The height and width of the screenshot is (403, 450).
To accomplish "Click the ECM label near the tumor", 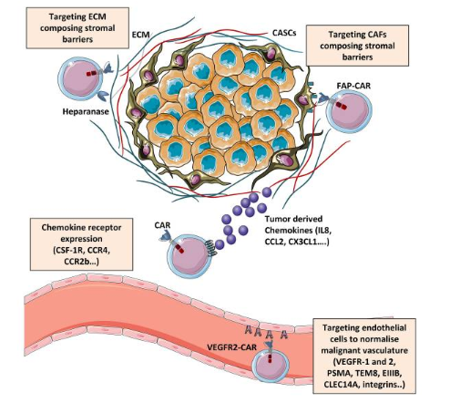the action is pos(140,35).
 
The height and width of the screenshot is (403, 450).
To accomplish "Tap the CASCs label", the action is pos(284,33).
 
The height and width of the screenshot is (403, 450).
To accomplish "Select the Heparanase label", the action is pos(86,111).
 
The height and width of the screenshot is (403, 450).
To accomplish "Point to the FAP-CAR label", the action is pos(353,86).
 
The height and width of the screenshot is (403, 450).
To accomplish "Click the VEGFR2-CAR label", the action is pos(232,347).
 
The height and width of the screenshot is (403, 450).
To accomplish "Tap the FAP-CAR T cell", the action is pos(349,111).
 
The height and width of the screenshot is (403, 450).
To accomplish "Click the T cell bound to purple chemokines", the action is pos(189,254).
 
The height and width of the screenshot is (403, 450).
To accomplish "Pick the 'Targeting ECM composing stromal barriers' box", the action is pos(77,28).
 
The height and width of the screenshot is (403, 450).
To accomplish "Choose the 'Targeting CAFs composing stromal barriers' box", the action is pos(357,46).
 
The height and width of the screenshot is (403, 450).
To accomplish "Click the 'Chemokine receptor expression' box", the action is pos(81,244).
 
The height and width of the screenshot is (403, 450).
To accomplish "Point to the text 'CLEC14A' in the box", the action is pos(342,385).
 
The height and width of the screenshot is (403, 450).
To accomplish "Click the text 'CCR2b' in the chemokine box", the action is pos(77,262).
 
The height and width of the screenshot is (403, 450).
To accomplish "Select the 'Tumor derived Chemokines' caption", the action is pos(298,231).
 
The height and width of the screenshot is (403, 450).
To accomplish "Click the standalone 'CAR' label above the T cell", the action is pos(162,225).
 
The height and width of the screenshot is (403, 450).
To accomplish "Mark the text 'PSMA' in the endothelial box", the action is pos(339,373).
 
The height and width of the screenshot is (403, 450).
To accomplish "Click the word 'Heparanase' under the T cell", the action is pos(86,111).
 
